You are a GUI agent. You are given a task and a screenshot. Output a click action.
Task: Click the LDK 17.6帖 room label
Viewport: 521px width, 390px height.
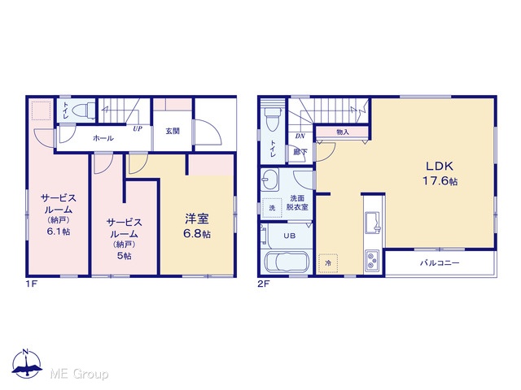[440, 173]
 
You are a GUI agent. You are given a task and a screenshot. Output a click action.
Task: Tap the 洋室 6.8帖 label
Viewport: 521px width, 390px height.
[197, 226]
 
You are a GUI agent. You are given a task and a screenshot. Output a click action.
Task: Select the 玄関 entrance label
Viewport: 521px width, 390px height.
[173, 131]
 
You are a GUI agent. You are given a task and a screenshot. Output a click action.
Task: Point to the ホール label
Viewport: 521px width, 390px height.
[103, 138]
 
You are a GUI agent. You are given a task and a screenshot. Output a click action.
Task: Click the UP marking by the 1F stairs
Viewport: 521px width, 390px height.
[138, 128]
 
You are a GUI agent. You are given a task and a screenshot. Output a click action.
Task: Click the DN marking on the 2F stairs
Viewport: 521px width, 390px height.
[300, 136]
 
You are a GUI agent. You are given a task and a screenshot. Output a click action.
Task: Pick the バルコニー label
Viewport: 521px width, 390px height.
[440, 263]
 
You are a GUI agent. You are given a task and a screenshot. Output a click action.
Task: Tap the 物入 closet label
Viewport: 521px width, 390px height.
[343, 132]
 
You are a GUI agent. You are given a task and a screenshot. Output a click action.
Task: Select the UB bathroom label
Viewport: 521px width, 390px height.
[290, 236]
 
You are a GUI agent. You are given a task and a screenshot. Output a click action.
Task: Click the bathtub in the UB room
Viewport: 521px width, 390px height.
[287, 262]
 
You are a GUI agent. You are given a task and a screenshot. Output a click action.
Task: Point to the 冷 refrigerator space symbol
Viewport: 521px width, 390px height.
[328, 263]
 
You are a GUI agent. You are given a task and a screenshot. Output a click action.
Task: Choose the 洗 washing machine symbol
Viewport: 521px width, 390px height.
[272, 208]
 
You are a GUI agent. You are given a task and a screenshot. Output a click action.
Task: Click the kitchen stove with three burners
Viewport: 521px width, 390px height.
[372, 260]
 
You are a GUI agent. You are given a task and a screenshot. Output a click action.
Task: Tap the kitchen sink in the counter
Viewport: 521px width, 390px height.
[373, 223]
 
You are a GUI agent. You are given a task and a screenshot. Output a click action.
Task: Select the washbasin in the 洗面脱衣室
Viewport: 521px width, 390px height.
[269, 180]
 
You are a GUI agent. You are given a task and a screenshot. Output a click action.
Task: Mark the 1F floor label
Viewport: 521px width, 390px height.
[31, 284]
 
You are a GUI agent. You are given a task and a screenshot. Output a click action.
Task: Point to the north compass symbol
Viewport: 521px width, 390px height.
[27, 363]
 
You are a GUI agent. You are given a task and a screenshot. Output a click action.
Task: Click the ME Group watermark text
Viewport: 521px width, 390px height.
[79, 374]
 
